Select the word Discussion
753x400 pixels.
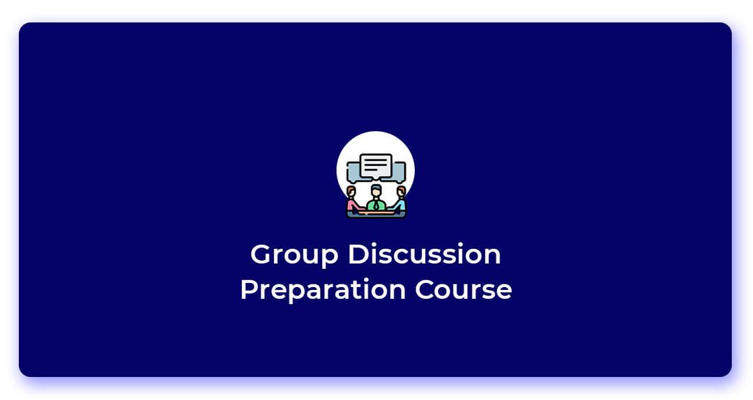pyautogui.click(x=425, y=254)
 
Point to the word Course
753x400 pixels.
pyautogui.click(x=464, y=290)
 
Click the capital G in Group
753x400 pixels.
pyautogui.click(x=261, y=254)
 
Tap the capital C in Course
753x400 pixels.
pyautogui.click(x=425, y=290)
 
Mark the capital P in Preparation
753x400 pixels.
pyautogui.click(x=250, y=290)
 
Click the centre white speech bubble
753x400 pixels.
pyautogui.click(x=376, y=166)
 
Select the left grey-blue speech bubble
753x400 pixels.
pyautogui.click(x=353, y=172)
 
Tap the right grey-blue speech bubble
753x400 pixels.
pyautogui.click(x=399, y=172)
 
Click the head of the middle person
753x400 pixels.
pyautogui.click(x=376, y=191)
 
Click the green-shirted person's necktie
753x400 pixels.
pyautogui.click(x=376, y=205)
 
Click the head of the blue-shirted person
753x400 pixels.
pyautogui.click(x=400, y=192)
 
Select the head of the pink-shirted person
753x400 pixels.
pyautogui.click(x=351, y=192)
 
